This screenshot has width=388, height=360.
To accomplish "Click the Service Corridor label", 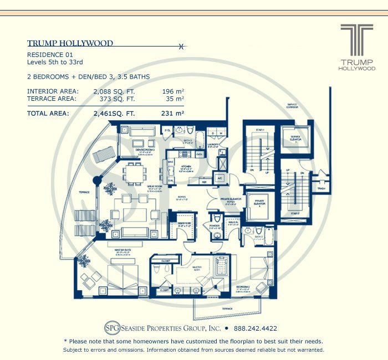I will (292, 105).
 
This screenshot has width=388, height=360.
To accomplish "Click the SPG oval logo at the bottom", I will (113, 327).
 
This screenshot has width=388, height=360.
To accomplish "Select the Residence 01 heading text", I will (51, 55).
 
